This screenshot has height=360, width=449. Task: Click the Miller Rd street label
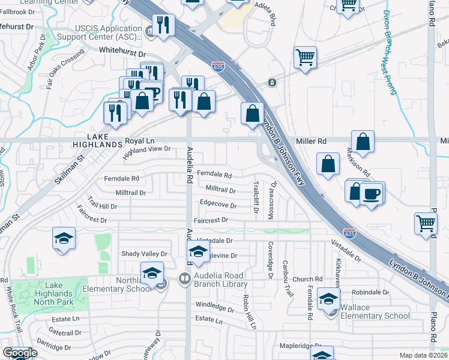point(311,141)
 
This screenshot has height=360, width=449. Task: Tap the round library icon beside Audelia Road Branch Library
point(184,278)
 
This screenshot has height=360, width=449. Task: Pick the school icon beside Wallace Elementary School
point(328,299)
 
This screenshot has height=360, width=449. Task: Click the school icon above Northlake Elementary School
point(152,273)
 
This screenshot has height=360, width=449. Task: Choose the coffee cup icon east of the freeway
point(372,193)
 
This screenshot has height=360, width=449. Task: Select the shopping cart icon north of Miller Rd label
point(305,58)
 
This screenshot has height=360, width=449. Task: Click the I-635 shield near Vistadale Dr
point(350,232)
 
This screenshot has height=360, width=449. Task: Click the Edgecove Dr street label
point(218,205)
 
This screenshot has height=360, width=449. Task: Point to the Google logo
point(19,353)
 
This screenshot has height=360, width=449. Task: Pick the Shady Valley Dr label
point(144,254)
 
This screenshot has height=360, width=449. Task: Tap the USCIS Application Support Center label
point(100,32)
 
